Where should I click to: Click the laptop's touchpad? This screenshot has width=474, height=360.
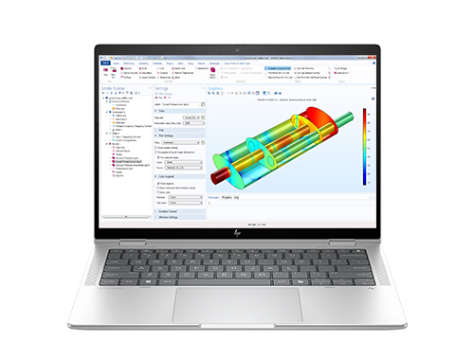(x=237, y=303)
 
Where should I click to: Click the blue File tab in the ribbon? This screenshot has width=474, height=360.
(x=105, y=63)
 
